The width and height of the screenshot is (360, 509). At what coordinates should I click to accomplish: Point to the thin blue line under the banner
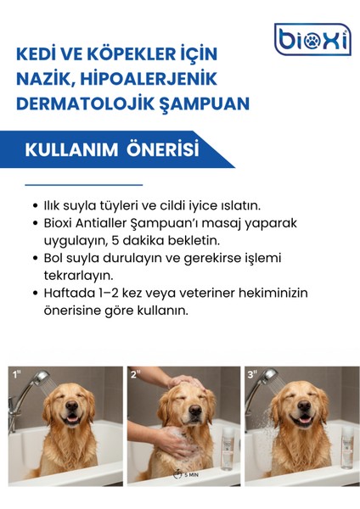(x=83, y=184)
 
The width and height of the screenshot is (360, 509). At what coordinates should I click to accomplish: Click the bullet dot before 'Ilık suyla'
(x=32, y=206)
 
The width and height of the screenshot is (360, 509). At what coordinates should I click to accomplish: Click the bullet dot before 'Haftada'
(x=32, y=294)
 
